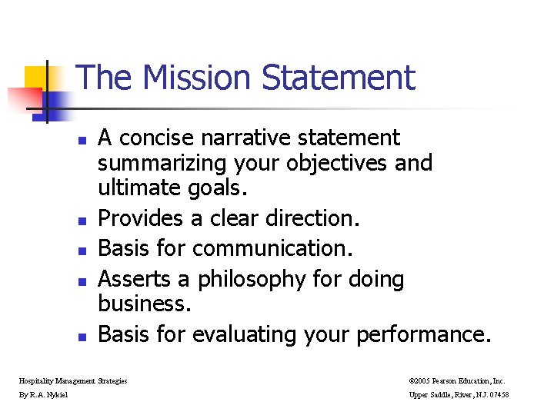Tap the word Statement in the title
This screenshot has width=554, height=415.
tap(338, 78)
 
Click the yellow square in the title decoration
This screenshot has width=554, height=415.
tap(37, 78)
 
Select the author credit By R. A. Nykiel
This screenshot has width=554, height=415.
tap(44, 395)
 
